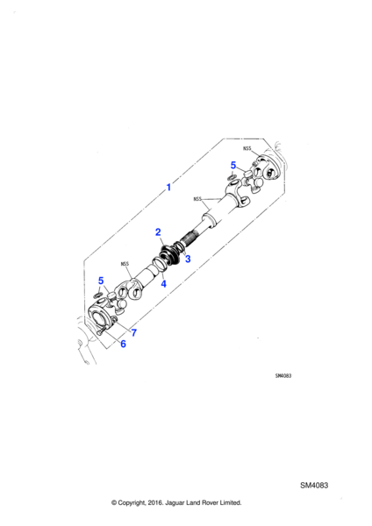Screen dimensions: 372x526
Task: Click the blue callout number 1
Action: tap(168, 188)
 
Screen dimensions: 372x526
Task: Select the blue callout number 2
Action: tap(158, 231)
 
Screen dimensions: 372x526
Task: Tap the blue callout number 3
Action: tap(188, 259)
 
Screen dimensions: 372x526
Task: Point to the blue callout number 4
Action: tap(163, 284)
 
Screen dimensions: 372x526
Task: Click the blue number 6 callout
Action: tap(123, 344)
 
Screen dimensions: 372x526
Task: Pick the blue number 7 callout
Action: tap(134, 332)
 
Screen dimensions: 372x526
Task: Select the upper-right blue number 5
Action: tap(233, 165)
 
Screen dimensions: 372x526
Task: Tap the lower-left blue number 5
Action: tap(101, 281)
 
